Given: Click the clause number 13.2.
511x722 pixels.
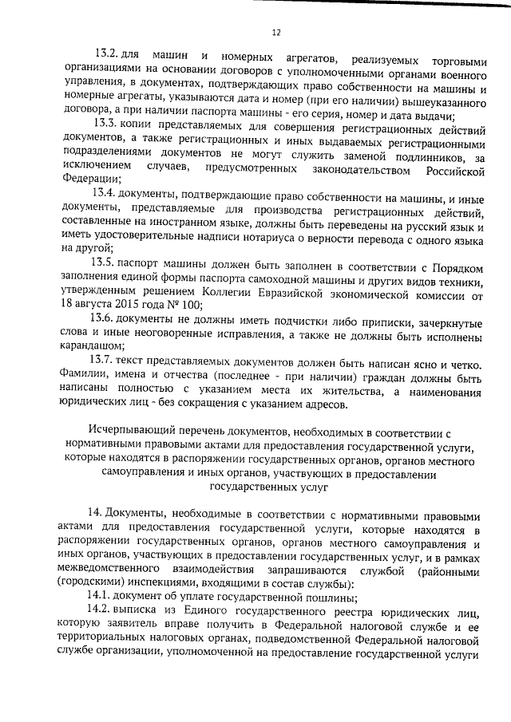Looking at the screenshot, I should [105, 53].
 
